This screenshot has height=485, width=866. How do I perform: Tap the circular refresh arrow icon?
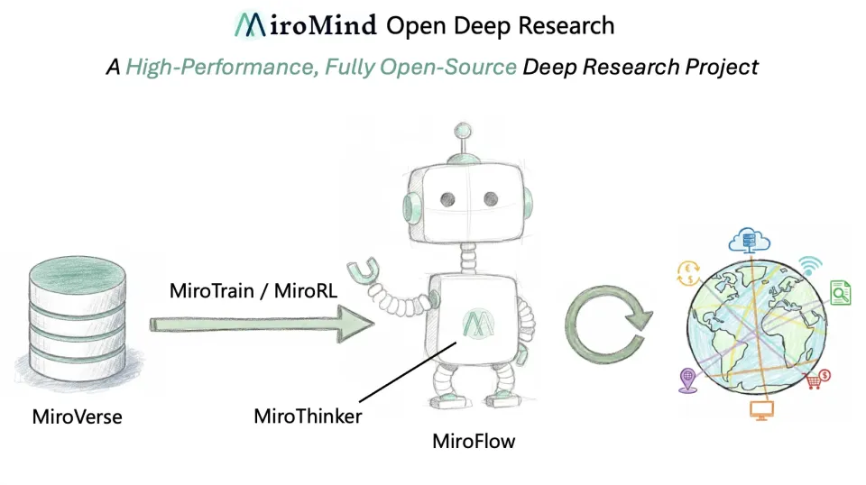[x=609, y=326]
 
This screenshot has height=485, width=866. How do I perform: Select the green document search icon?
[x=840, y=293]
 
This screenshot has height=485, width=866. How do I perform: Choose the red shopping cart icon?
[x=818, y=380]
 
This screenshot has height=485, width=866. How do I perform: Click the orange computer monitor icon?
[x=762, y=411]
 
